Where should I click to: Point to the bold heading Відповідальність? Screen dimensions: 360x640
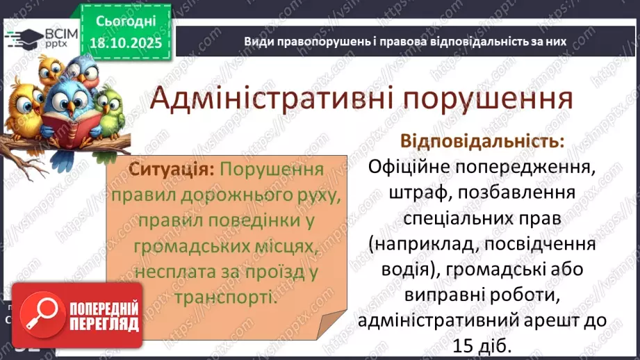[x=482, y=141]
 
